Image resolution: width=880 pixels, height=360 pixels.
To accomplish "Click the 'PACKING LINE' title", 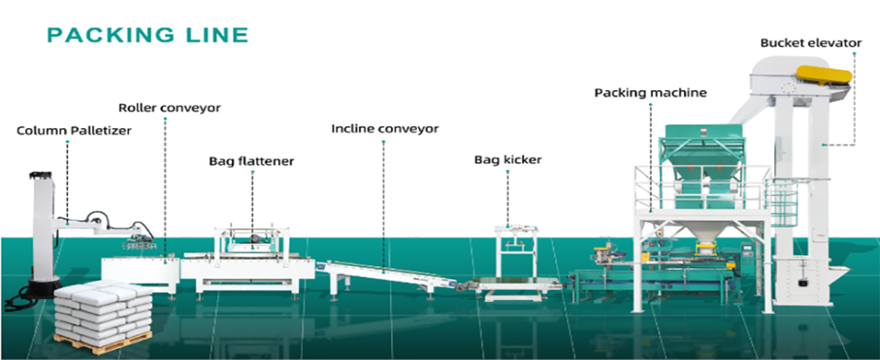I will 147,35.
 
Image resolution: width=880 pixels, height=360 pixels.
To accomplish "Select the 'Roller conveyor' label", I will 169,108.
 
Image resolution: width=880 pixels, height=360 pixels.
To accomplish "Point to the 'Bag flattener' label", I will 252,161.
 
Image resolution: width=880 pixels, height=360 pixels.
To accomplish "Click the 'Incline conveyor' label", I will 385,129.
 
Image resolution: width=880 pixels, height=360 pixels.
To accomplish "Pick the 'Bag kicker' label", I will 508,160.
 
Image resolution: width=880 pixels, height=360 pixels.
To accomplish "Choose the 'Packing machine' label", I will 651,92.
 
